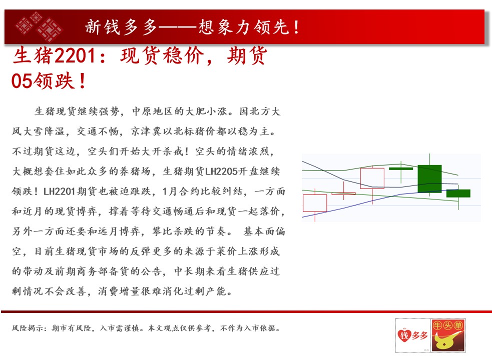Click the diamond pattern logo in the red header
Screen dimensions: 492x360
pos(39,26)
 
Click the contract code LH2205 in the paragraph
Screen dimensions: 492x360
pos(221,171)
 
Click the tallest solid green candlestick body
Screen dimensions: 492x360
pos(429,178)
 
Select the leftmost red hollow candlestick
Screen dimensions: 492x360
pos(315,203)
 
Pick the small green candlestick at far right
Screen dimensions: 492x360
pos(458,193)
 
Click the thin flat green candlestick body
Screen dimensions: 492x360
pos(401,168)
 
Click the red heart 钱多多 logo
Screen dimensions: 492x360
pos(412,335)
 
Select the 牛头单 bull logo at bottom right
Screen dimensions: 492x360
pos(448,334)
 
